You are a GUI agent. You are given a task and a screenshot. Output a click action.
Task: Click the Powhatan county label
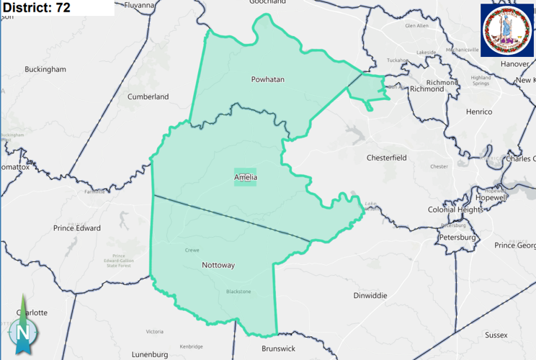[267, 79]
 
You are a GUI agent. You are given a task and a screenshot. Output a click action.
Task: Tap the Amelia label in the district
[245, 177]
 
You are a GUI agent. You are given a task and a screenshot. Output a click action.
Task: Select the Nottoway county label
[218, 265]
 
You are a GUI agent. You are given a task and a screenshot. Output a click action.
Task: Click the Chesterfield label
[387, 157]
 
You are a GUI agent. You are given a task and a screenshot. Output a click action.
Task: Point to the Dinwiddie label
[370, 295]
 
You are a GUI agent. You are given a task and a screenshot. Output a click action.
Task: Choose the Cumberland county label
[148, 96]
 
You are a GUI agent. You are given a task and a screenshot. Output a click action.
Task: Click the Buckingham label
[45, 69]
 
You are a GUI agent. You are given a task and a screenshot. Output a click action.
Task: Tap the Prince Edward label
[76, 228]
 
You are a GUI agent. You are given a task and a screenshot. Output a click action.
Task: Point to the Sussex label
[496, 335]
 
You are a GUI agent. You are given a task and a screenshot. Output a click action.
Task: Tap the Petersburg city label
[457, 236]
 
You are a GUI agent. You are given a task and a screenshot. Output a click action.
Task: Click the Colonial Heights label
[456, 210]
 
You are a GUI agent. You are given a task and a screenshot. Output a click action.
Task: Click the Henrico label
[478, 112]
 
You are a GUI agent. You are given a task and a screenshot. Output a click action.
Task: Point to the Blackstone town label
[238, 292]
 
